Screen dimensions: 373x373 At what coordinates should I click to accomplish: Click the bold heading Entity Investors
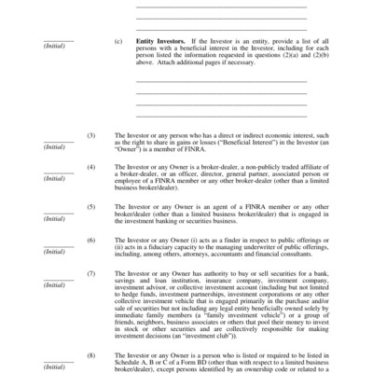coord(156,41)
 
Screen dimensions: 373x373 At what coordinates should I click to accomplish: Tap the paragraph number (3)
coord(90,134)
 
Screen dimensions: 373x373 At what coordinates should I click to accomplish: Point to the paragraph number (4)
coord(90,167)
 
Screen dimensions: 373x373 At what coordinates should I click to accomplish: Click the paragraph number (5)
coord(90,206)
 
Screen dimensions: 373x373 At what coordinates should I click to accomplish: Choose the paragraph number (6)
coord(90,239)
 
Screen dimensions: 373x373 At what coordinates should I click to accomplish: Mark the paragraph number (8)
coord(90,354)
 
